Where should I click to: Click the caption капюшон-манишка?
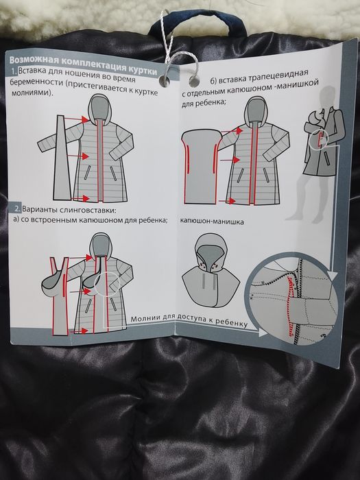tap(212, 222)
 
